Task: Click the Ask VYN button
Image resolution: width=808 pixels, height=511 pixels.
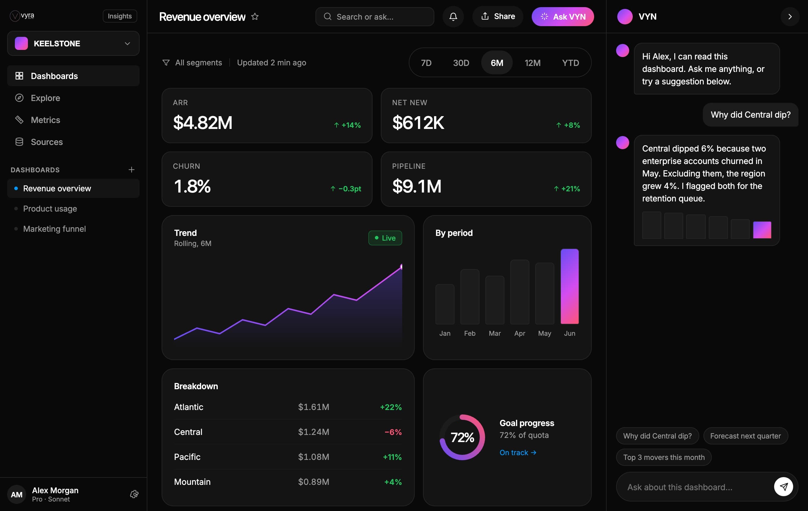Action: (x=563, y=16)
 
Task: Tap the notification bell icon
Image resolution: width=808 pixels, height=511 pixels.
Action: (x=453, y=16)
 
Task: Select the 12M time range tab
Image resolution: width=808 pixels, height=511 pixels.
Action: (x=533, y=63)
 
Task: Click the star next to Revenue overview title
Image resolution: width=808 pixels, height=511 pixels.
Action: (x=255, y=16)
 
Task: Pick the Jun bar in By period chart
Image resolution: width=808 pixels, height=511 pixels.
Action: (x=569, y=286)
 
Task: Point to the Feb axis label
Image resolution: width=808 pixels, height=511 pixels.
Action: (x=470, y=333)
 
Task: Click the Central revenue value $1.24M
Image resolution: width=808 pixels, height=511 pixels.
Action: (x=313, y=432)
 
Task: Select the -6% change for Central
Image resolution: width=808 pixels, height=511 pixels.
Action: (x=393, y=432)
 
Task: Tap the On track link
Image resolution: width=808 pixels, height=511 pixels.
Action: (x=518, y=452)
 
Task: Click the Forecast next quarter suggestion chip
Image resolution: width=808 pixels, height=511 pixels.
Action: (x=745, y=436)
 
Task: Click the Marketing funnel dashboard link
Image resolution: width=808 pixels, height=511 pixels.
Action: (x=54, y=229)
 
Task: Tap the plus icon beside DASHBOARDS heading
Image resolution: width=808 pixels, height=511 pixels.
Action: (x=132, y=170)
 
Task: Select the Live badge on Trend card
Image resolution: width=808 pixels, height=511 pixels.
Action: (x=385, y=238)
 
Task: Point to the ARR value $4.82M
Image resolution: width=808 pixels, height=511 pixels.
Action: (x=203, y=122)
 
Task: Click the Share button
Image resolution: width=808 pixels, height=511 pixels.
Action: (x=498, y=16)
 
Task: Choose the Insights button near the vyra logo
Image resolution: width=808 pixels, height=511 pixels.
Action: (x=120, y=16)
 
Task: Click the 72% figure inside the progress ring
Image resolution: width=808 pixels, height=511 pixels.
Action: (x=462, y=437)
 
